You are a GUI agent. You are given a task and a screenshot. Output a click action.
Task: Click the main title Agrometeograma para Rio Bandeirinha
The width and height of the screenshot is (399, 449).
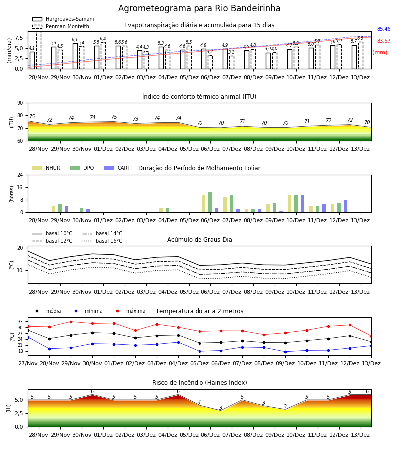pyautogui.click(x=199, y=8)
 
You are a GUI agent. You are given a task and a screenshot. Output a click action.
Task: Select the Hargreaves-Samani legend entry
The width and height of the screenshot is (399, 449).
pyautogui.click(x=63, y=19)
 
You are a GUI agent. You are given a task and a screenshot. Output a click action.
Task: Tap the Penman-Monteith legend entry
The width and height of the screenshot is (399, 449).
pyautogui.click(x=61, y=26)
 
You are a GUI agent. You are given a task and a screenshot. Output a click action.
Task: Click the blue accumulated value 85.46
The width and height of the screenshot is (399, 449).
pyautogui.click(x=384, y=29)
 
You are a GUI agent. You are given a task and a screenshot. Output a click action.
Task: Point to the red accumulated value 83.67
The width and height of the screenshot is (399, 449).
pyautogui.click(x=384, y=41)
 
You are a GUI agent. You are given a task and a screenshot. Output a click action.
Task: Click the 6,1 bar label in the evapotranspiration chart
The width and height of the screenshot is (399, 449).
pyautogui.click(x=75, y=40)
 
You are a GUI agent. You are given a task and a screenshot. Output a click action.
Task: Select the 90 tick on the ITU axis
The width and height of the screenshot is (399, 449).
pyautogui.click(x=20, y=103)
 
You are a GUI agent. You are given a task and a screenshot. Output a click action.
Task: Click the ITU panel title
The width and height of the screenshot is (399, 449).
pyautogui.click(x=199, y=97)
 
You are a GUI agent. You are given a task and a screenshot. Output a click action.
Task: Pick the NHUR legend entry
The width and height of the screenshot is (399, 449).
pyautogui.click(x=46, y=168)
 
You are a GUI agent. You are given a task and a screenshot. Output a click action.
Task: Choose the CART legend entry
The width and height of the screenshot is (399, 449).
pyautogui.click(x=117, y=168)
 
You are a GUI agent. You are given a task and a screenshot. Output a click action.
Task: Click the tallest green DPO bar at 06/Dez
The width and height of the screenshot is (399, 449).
pyautogui.click(x=210, y=202)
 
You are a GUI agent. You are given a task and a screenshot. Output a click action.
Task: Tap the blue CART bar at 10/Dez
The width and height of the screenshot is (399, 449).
pyautogui.click(x=302, y=204)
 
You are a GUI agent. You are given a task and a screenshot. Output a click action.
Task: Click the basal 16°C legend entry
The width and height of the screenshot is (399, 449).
pyautogui.click(x=102, y=241)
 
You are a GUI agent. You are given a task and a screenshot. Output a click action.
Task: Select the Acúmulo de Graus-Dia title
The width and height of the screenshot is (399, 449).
pyautogui.click(x=199, y=240)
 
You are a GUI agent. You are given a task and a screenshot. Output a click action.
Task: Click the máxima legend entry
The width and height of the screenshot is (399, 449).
pyautogui.click(x=129, y=311)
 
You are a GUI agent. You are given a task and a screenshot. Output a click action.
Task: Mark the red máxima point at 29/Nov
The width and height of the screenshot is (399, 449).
pyautogui.click(x=71, y=322)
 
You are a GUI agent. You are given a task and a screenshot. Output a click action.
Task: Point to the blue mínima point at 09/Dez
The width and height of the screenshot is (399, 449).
pyautogui.click(x=285, y=352)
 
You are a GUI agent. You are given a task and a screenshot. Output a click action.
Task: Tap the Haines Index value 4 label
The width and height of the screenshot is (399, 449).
pyautogui.click(x=199, y=402)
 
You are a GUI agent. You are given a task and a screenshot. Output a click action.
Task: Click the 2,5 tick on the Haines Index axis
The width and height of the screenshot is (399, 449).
pyautogui.click(x=19, y=413)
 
